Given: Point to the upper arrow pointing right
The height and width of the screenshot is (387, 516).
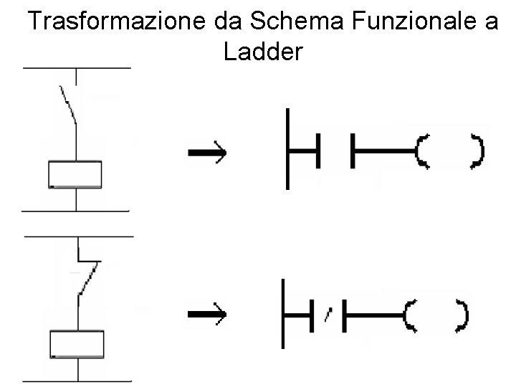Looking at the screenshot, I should (x=206, y=153).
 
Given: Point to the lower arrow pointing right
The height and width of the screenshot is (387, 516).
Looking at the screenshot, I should (x=206, y=314).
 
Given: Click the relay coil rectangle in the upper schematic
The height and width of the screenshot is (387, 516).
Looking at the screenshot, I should (x=75, y=174).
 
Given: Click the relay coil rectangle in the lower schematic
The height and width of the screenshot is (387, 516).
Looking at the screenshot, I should (x=77, y=344).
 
